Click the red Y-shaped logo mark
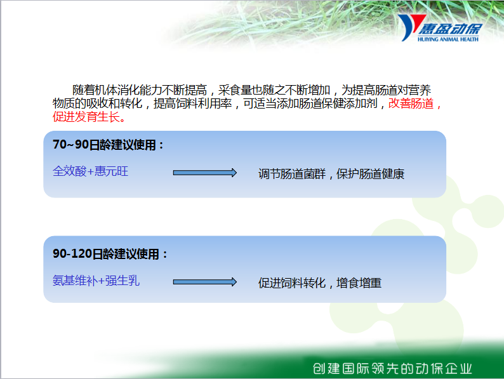(x=411, y=27)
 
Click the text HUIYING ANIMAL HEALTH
(x=448, y=39)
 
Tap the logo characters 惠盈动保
(x=450, y=29)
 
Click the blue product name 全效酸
(x=70, y=171)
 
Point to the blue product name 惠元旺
(x=111, y=171)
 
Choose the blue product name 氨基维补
(x=75, y=281)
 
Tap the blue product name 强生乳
(x=123, y=281)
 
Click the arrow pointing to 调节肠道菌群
(x=205, y=173)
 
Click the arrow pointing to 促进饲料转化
(x=205, y=283)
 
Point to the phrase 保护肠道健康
(x=370, y=174)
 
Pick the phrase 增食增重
(x=359, y=283)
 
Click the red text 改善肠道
(x=411, y=103)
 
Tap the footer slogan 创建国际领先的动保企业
(x=392, y=368)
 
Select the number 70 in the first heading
(x=60, y=145)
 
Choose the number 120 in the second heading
(x=81, y=254)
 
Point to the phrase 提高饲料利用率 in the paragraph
(x=193, y=103)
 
